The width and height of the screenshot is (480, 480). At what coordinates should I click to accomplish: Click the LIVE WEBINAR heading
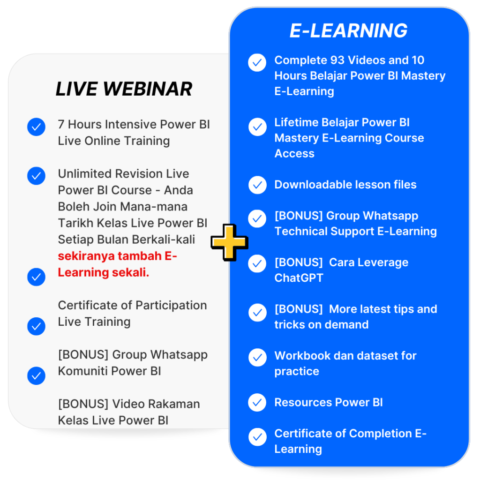(124, 89)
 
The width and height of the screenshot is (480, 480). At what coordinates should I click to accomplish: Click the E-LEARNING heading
(348, 31)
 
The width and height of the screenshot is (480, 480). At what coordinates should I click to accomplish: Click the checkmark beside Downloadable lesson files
(257, 185)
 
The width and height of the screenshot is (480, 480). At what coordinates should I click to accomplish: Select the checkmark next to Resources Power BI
(257, 403)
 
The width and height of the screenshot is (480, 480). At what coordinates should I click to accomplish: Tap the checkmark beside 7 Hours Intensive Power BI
(36, 127)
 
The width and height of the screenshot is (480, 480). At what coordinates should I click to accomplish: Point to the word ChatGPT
(299, 278)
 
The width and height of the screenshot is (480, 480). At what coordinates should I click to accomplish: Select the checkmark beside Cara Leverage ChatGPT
(257, 264)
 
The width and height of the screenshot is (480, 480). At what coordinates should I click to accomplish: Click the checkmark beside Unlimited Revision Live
(36, 176)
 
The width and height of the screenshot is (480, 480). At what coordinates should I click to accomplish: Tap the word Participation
(166, 305)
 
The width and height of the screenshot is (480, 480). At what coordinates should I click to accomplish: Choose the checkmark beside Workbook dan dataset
(257, 358)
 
